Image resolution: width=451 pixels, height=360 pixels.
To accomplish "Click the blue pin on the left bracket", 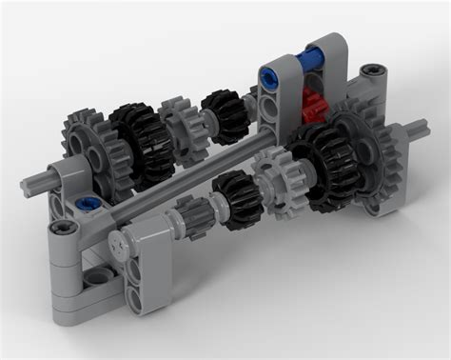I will [88, 203].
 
